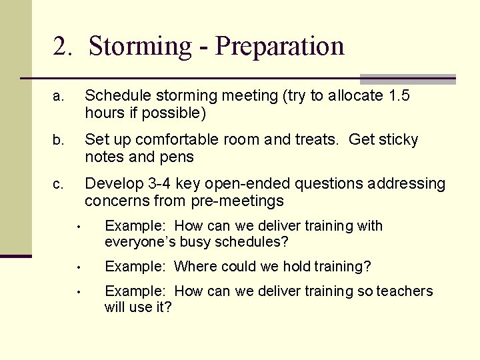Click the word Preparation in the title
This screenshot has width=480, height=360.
tap(280, 46)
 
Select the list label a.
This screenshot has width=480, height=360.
tap(59, 97)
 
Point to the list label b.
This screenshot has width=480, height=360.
tap(59, 141)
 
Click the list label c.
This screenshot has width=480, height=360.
tap(59, 184)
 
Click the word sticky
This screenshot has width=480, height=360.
tap(399, 140)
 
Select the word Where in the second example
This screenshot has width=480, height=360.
tap(194, 267)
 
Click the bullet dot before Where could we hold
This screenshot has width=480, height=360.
tap(78, 267)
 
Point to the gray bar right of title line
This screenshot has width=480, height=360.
tap(407, 79)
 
